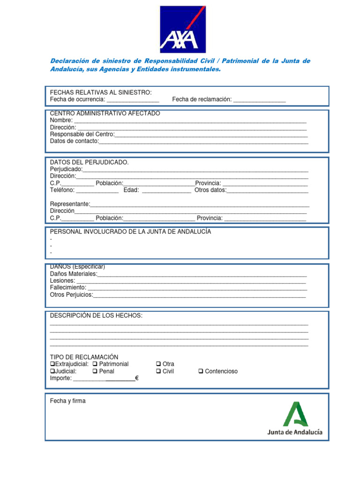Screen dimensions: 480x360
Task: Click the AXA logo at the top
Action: pyautogui.click(x=183, y=29)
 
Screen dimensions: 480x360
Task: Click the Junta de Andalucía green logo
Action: pyautogui.click(x=295, y=419)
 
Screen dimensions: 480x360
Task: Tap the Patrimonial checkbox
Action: pyautogui.click(x=95, y=364)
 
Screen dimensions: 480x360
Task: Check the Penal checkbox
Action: pyautogui.click(x=95, y=371)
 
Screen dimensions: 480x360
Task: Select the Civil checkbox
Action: pyautogui.click(x=158, y=371)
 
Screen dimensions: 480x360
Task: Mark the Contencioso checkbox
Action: pyautogui.click(x=201, y=371)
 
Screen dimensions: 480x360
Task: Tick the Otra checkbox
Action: pyautogui.click(x=158, y=364)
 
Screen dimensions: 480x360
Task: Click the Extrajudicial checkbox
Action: pyautogui.click(x=52, y=364)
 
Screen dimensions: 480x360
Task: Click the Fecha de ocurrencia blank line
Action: pyautogui.click(x=133, y=100)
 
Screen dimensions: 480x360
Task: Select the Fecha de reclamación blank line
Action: pyautogui.click(x=259, y=100)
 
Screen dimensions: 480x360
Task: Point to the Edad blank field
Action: pyautogui.click(x=166, y=191)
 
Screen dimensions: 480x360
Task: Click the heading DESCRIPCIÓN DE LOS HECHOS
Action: pyautogui.click(x=96, y=316)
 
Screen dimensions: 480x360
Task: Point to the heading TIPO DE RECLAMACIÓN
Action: pyautogui.click(x=84, y=357)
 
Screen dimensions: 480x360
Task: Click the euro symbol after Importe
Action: pyautogui.click(x=136, y=378)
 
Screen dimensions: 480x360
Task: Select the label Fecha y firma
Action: pyautogui.click(x=68, y=401)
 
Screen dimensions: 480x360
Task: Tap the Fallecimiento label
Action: pyautogui.click(x=68, y=287)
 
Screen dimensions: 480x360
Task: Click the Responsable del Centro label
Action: pyautogui.click(x=82, y=134)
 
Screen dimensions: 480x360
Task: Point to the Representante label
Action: pyautogui.click(x=69, y=204)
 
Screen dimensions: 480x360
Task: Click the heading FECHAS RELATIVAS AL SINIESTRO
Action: pyautogui.click(x=101, y=92)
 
